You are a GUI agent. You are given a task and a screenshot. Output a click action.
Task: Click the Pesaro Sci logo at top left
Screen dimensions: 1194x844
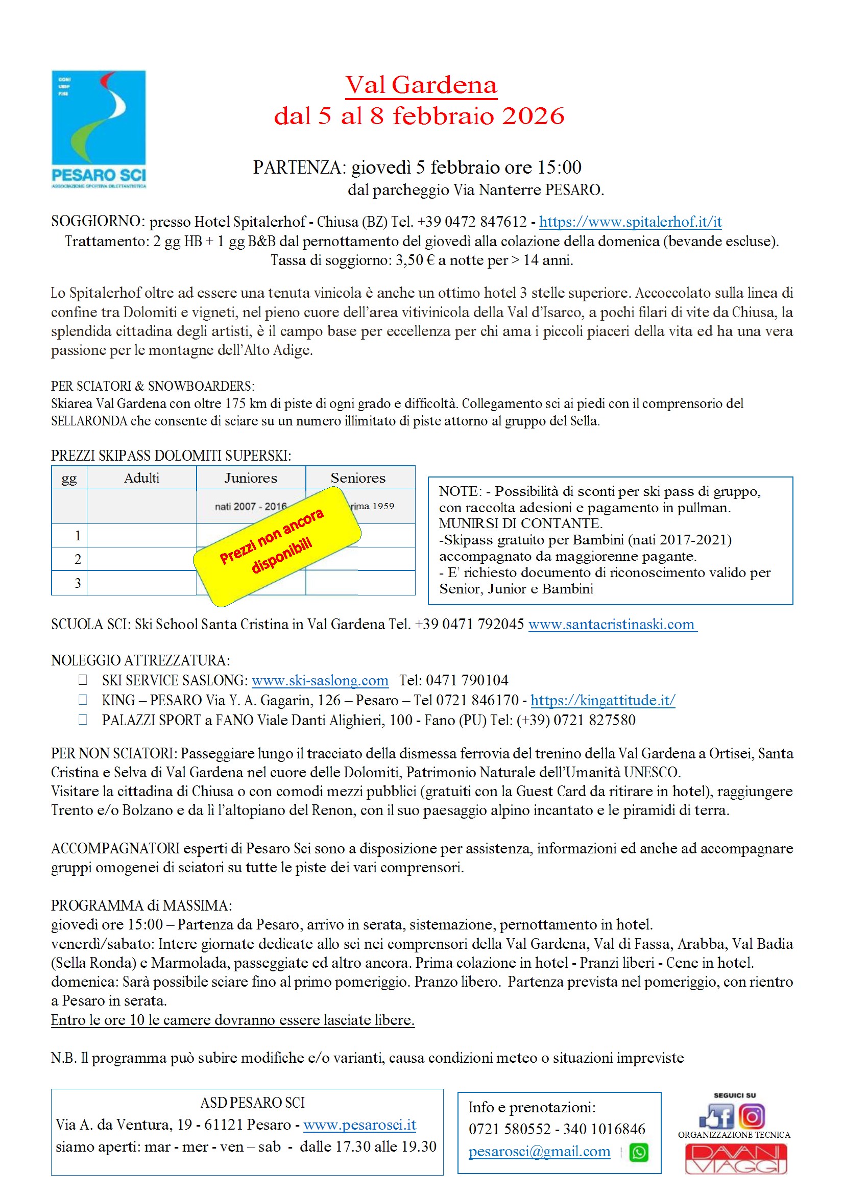[99, 129]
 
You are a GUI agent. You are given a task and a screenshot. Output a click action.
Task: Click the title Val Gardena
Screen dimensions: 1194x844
[421, 85]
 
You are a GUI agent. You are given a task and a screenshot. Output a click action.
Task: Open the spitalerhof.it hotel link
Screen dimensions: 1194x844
[630, 222]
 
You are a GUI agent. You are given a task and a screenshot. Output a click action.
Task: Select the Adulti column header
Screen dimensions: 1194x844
[141, 478]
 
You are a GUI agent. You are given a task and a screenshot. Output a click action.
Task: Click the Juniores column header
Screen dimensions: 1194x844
[251, 478]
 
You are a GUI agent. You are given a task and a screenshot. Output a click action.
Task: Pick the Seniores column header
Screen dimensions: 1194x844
[358, 478]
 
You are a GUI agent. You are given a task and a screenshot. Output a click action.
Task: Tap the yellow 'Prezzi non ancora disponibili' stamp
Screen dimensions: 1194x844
[277, 546]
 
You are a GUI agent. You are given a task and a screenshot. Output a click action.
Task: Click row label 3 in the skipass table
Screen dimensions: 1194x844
[78, 583]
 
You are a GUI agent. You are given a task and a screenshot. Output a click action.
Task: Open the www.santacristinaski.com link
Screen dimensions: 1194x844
[612, 624]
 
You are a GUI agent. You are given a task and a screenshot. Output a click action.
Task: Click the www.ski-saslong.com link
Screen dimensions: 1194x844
[320, 680]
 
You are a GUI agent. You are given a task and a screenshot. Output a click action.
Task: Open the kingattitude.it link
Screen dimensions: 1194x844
[602, 700]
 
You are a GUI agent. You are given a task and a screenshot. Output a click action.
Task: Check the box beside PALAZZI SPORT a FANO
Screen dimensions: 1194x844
[83, 720]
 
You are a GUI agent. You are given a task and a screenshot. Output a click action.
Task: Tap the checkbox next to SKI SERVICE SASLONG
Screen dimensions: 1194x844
[83, 680]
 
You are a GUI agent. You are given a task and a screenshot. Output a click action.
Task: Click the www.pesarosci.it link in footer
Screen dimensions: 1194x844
[359, 1125]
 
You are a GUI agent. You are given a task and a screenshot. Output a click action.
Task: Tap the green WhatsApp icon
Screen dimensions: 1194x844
[639, 1153]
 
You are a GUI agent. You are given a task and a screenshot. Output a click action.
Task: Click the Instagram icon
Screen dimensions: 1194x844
[752, 1116]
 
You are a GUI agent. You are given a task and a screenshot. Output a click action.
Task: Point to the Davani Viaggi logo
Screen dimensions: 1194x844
[735, 1159]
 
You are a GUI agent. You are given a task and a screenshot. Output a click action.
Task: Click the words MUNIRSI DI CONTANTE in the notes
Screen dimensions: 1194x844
[519, 523]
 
